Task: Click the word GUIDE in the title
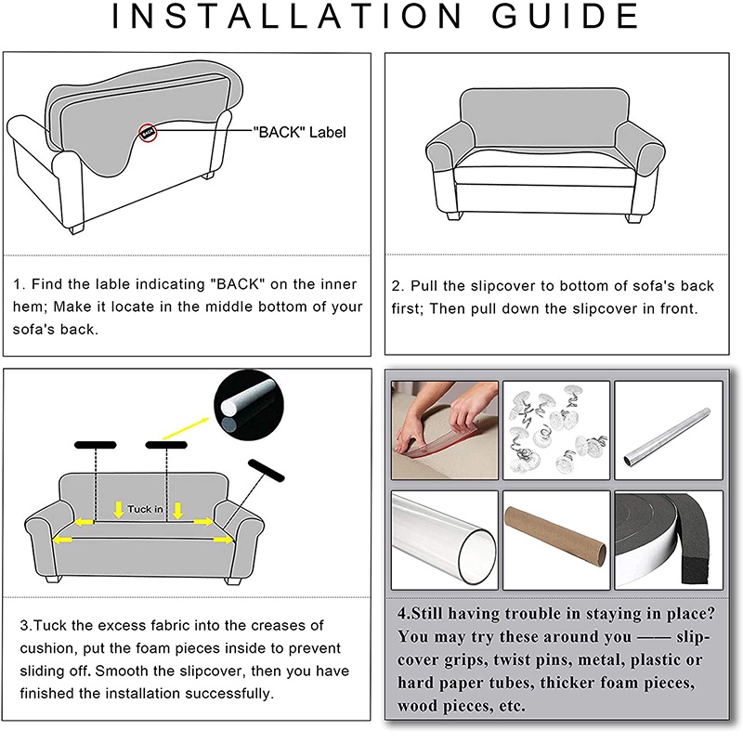567,16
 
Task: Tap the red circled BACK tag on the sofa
148,133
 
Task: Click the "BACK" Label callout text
299,132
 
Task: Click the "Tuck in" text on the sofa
145,509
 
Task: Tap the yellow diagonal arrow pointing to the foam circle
185,428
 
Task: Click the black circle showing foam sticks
249,406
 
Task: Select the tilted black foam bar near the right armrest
267,470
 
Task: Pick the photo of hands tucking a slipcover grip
445,430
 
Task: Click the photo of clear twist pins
556,430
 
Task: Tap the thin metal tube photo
669,430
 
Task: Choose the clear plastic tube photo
445,541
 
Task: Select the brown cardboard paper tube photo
556,541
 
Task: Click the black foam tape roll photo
669,541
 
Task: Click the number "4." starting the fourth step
404,614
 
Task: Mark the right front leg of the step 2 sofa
634,218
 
